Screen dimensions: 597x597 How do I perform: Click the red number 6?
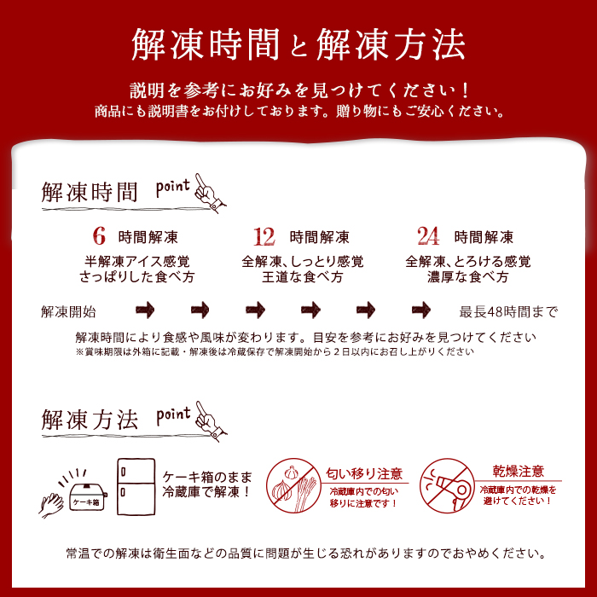coord(99,236)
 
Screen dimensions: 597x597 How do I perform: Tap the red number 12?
coord(264,236)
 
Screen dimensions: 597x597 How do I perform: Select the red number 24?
coord(428,236)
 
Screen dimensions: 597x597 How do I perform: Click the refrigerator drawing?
coord(136,486)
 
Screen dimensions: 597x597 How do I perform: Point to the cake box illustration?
coord(88,496)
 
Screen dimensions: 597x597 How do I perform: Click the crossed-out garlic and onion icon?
coord(293,485)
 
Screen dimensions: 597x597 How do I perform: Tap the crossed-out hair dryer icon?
coord(447,485)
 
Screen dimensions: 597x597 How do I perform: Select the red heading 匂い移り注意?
coord(364,473)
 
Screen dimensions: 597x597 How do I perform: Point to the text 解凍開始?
coord(68,311)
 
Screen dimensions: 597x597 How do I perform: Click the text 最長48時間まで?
coord(508,311)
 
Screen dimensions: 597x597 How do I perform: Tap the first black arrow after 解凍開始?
coord(145,310)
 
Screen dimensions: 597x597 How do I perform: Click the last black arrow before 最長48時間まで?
coord(421,310)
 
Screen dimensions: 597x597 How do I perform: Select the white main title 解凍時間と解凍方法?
coord(298,44)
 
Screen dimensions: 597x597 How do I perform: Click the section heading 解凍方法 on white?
coord(90,420)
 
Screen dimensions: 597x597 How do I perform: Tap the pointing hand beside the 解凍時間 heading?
coord(210,193)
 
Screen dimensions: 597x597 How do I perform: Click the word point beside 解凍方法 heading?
coord(173,415)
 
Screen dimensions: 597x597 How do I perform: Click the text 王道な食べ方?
coord(302,277)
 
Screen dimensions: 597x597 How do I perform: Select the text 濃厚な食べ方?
coord(468,277)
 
